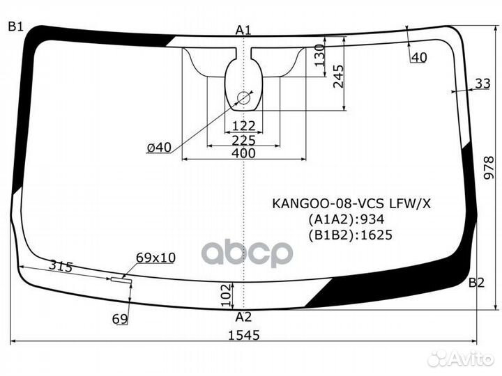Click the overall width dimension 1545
243,335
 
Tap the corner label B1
15,27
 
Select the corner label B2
476,282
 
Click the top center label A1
243,30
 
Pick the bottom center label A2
243,317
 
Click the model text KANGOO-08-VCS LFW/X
351,203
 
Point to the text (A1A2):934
347,219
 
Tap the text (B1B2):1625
350,235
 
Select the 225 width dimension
243,140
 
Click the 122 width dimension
243,126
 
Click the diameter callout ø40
159,147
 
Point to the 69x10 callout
155,258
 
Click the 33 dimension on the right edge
482,84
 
